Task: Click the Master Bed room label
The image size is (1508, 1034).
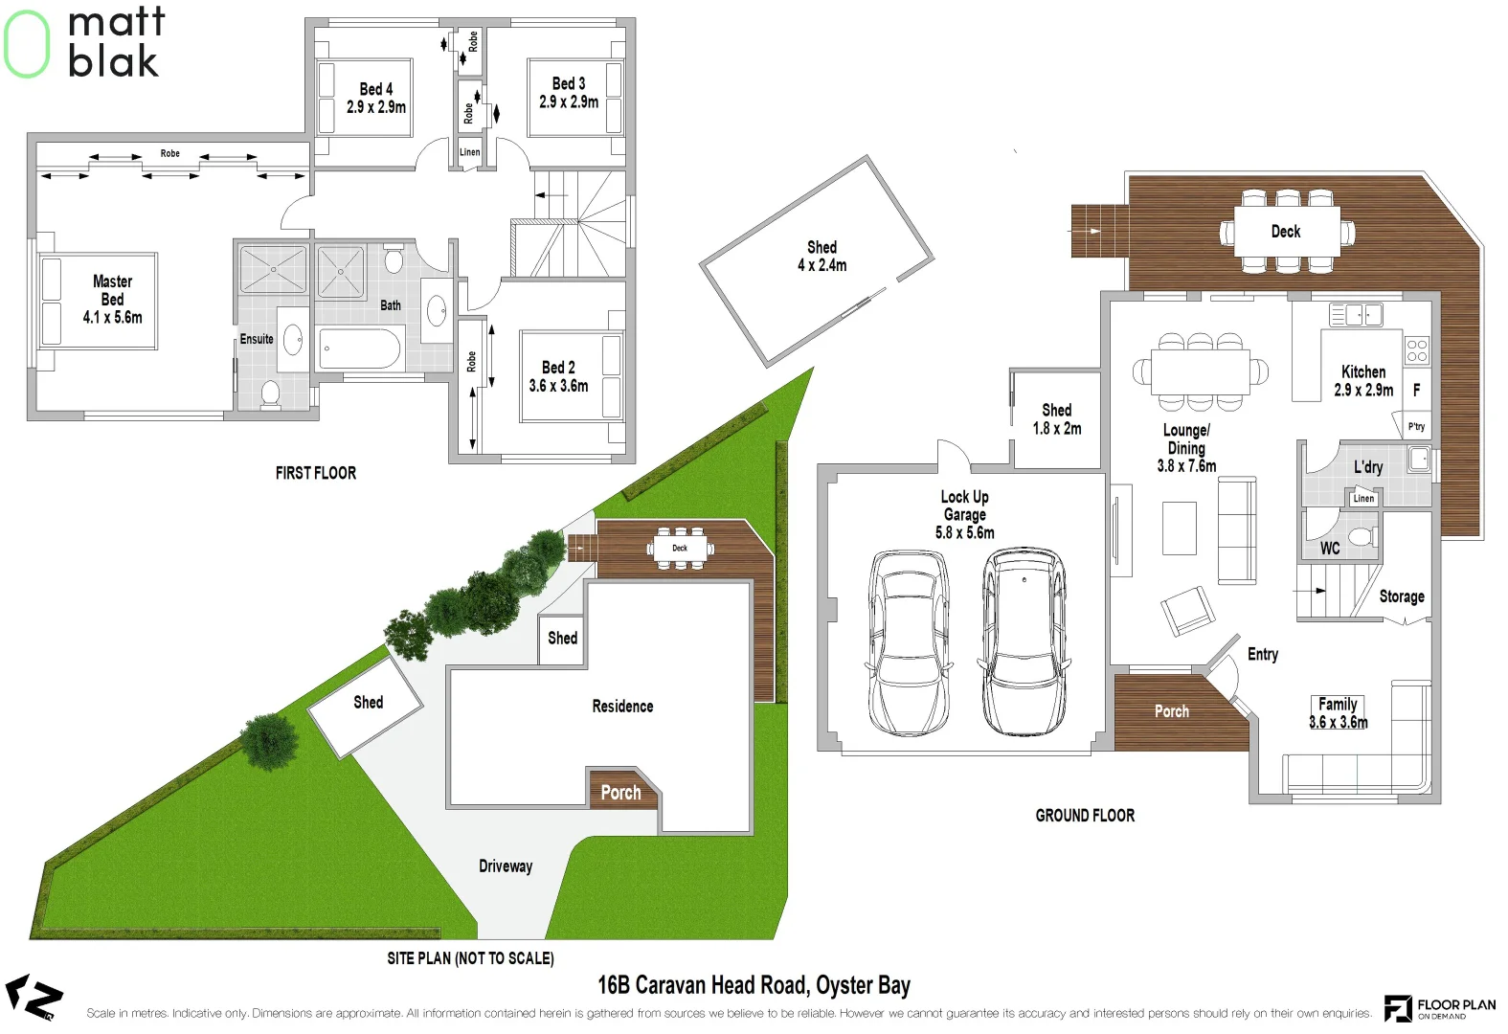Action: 112,290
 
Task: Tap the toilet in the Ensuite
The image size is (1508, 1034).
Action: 270,393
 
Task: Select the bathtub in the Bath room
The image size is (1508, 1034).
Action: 359,349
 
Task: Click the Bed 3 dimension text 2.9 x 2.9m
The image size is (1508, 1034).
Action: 569,101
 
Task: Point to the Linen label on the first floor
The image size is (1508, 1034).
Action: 469,152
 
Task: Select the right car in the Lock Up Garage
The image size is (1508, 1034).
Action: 1024,641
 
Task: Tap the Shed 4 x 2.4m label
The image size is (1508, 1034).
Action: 822,257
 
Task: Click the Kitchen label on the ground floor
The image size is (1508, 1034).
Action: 1363,371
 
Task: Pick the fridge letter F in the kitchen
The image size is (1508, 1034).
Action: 1416,390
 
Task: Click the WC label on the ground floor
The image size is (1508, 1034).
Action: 1330,549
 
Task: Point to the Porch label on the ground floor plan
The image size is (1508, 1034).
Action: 1171,711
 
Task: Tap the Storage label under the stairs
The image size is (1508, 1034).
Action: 1401,596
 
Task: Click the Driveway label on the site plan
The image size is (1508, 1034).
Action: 506,866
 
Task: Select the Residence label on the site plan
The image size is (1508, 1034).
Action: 622,707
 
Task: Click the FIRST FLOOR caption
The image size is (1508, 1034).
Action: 315,473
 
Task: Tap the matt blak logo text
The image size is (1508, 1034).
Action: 115,43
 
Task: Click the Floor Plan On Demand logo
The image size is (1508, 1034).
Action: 1439,1008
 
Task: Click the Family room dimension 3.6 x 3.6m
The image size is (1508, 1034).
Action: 1338,723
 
